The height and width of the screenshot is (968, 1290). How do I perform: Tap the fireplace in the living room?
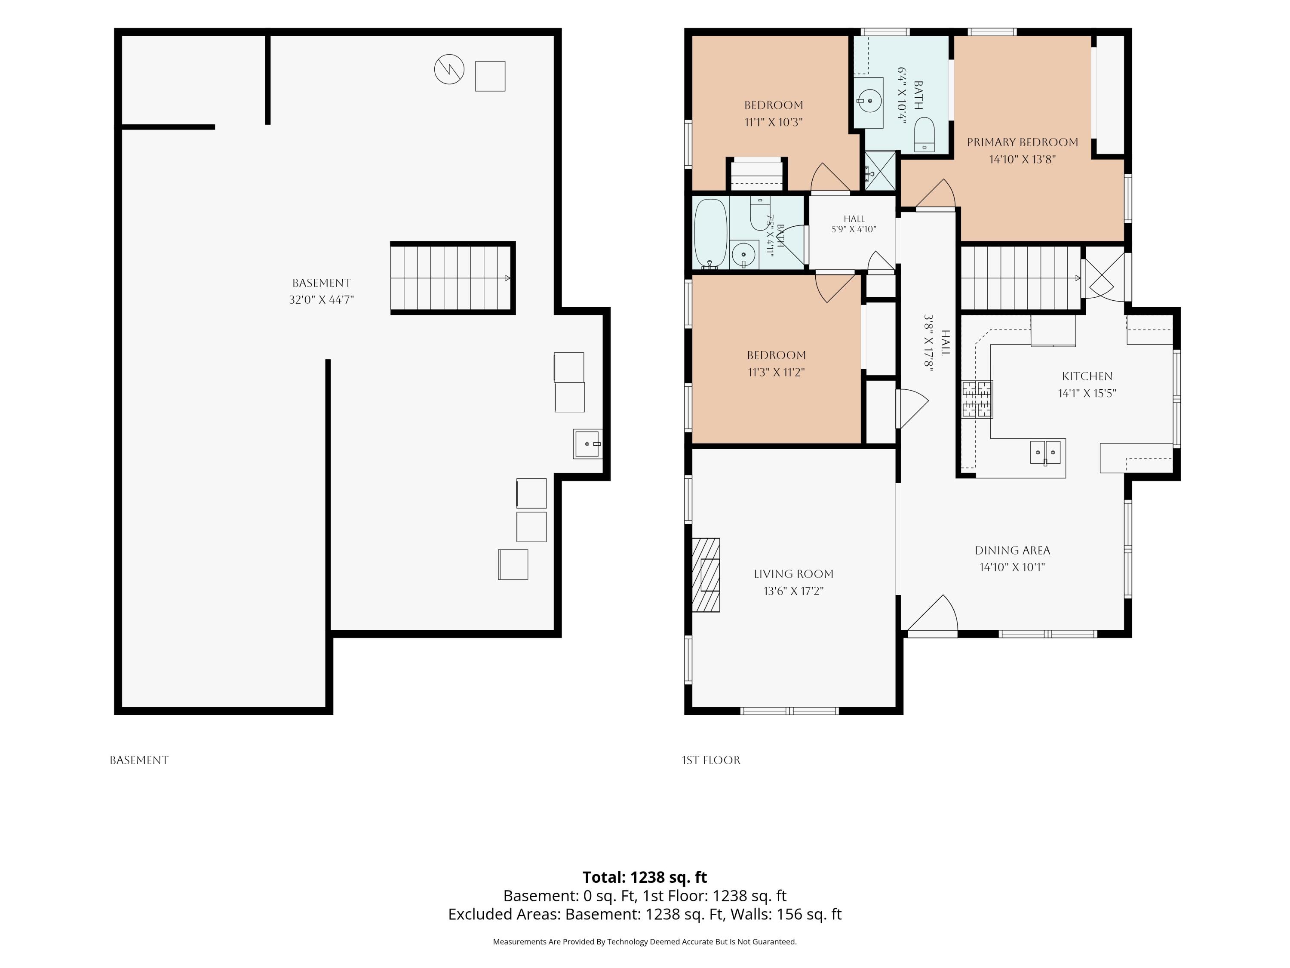click(706, 575)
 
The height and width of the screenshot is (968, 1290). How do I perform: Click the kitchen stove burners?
click(977, 400)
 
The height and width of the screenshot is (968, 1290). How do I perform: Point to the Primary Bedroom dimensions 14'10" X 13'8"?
click(1022, 159)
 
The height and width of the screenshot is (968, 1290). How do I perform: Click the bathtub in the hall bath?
click(710, 233)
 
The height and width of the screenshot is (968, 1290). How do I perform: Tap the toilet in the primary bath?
click(924, 135)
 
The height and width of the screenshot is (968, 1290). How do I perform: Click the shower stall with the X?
click(879, 171)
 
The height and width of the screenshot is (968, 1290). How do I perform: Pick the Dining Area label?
click(1012, 550)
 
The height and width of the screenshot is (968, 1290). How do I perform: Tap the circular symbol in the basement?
click(449, 69)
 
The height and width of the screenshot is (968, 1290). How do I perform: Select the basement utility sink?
click(587, 444)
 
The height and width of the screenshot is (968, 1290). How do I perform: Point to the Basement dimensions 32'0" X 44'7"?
click(321, 300)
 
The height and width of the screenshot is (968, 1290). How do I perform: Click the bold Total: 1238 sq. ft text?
click(645, 877)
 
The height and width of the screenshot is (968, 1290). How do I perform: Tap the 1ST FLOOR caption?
click(711, 760)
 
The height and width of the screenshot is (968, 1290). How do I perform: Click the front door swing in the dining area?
click(932, 614)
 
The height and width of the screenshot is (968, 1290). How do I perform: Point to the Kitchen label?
click(1087, 376)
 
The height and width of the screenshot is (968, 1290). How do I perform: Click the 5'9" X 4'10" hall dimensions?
click(854, 229)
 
